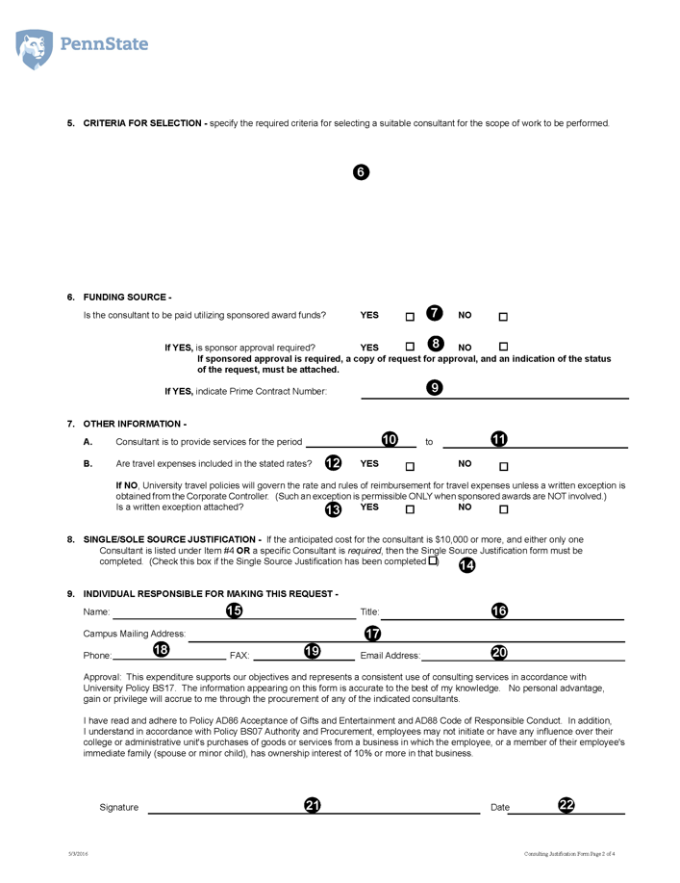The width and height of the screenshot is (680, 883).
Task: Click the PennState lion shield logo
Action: coord(35,48)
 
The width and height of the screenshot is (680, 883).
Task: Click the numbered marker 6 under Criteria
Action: coord(360,172)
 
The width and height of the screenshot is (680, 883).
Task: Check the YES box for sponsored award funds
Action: coord(410,317)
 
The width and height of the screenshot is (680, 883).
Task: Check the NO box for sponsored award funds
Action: coord(503,317)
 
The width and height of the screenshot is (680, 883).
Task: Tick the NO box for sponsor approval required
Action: coord(503,347)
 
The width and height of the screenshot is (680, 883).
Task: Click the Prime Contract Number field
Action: coord(494,392)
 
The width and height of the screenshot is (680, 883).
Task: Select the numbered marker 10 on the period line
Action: coord(390,439)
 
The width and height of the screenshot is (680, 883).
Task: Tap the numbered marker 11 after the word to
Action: coord(499,439)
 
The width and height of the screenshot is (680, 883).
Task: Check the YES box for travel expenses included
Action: coord(410,467)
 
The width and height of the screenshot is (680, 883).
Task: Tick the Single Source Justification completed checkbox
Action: coord(433,560)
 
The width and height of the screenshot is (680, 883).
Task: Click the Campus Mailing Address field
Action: coord(405,636)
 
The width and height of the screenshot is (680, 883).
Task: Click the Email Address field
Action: coord(523,655)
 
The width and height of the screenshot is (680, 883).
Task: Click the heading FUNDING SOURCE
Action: coord(127,298)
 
